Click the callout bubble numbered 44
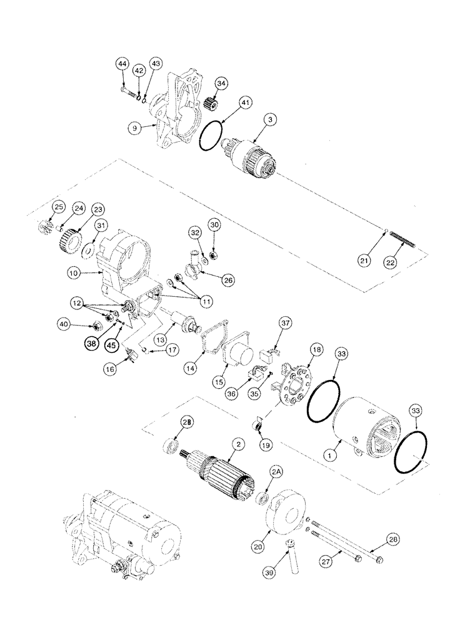122,64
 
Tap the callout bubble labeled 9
134,128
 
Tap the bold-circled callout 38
93,342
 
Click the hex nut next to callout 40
97,325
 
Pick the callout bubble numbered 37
286,322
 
